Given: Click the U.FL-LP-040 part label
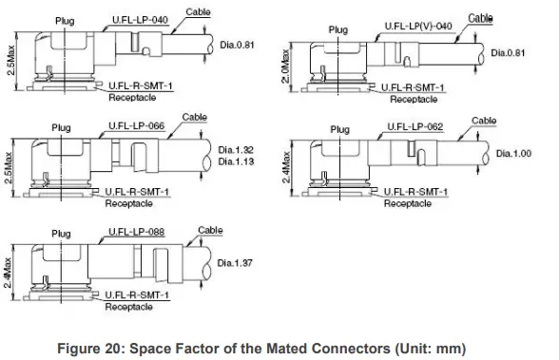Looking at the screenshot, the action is (x=140, y=20).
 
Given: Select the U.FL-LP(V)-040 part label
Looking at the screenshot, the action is (x=418, y=27).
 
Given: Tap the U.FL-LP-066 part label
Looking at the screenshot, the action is (x=137, y=125).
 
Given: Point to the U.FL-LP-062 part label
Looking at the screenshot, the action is (x=415, y=126).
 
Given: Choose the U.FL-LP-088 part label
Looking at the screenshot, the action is (x=137, y=232).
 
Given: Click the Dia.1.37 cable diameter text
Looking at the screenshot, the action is (x=235, y=263).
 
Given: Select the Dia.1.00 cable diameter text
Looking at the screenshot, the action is (x=513, y=154).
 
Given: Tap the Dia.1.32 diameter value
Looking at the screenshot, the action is (x=236, y=150).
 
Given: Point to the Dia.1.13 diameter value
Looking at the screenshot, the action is (x=236, y=161).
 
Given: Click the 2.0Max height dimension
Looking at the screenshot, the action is (x=286, y=66).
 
